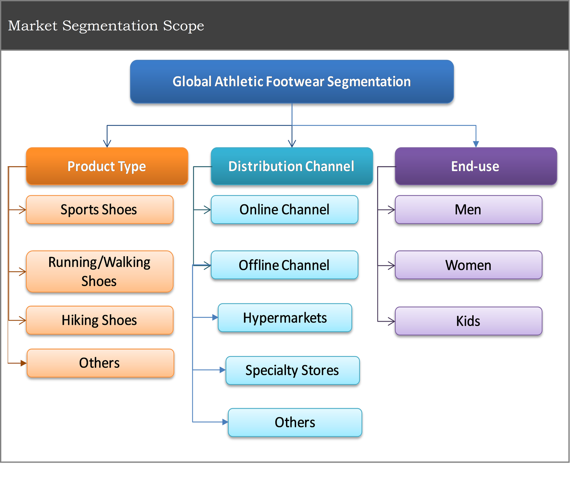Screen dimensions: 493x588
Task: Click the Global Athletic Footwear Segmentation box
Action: click(292, 81)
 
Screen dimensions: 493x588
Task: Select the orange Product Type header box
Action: click(107, 166)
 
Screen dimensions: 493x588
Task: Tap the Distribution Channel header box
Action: click(292, 166)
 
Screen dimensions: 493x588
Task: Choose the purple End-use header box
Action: click(476, 166)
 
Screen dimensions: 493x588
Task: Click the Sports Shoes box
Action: click(100, 210)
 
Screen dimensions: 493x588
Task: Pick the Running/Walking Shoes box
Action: click(100, 272)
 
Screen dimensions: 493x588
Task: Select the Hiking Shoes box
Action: click(100, 320)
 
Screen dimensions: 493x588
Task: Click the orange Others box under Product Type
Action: click(100, 363)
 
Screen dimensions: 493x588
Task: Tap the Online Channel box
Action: click(284, 210)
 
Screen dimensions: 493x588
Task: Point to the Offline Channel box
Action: click(284, 265)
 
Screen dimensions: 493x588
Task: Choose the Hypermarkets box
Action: click(285, 318)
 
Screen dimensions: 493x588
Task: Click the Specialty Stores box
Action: click(293, 370)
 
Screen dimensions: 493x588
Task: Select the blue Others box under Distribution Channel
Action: click(295, 423)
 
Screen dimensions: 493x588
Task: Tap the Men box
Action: click(469, 210)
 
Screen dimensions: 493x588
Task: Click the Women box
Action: click(469, 265)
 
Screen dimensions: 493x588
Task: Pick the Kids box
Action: click(469, 321)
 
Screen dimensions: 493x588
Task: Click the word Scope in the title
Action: click(183, 26)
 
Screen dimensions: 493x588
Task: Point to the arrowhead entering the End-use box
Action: click(476, 144)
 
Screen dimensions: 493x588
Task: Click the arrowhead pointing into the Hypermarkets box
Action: click(215, 317)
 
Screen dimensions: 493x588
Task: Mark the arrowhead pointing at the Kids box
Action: click(392, 322)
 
